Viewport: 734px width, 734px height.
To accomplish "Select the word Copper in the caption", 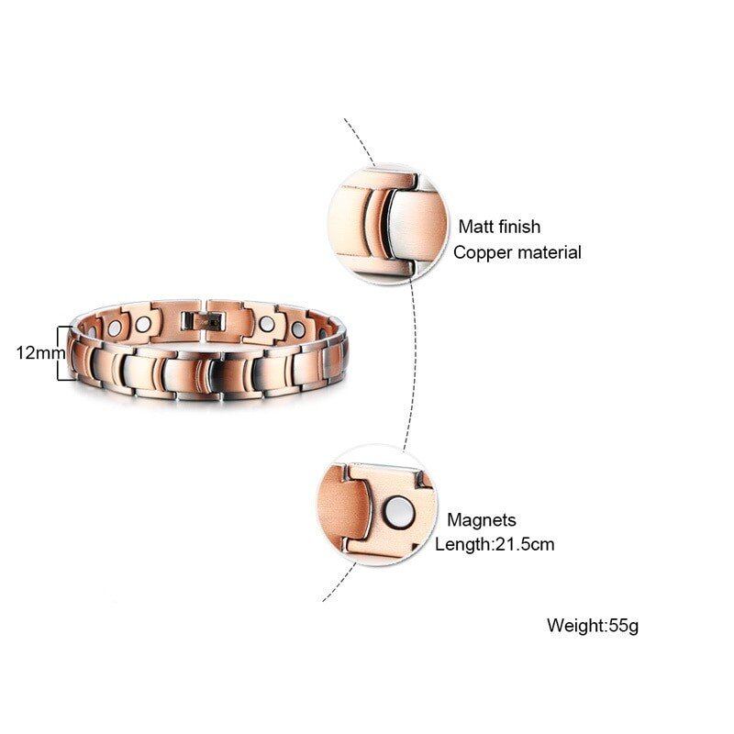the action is [x=484, y=252].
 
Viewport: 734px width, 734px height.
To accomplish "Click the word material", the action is [x=549, y=252].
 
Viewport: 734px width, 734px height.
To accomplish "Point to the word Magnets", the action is [x=482, y=520].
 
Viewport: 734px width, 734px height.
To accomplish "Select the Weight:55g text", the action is [x=592, y=627].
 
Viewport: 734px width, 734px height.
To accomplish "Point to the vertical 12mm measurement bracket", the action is [x=63, y=352].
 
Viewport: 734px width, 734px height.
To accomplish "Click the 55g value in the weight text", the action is [x=623, y=627].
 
